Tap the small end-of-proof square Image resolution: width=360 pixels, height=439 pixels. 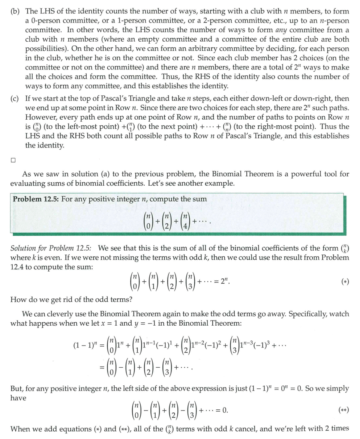coord(13,160)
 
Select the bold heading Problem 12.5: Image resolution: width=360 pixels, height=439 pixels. coord(36,199)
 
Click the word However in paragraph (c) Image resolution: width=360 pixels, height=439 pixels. coord(39,117)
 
